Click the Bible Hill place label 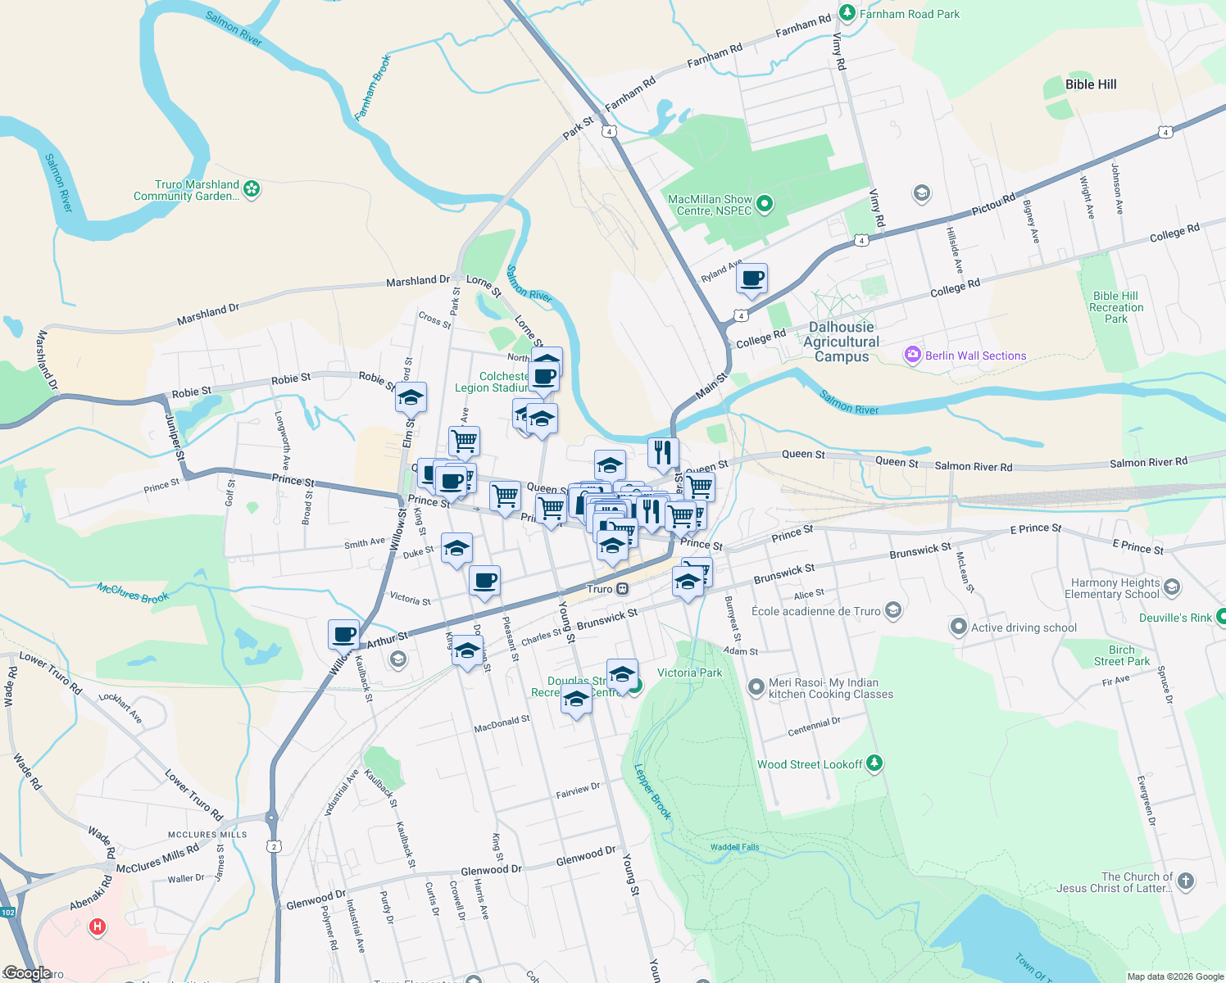click(x=1090, y=84)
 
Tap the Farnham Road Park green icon click(x=847, y=13)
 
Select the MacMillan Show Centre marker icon click(x=764, y=203)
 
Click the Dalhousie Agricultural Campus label click(x=842, y=342)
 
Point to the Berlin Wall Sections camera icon click(x=912, y=355)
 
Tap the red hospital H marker click(x=98, y=926)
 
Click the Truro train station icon click(x=623, y=589)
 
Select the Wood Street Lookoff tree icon click(x=874, y=763)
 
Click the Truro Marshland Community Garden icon click(x=252, y=189)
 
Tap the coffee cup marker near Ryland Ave click(x=751, y=279)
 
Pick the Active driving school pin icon click(x=958, y=627)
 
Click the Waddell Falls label click(x=734, y=847)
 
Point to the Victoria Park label click(x=689, y=673)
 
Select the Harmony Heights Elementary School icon click(x=1171, y=587)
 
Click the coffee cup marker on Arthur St click(x=344, y=634)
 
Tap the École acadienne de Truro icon click(x=893, y=610)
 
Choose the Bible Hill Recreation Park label click(x=1115, y=307)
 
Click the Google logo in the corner click(x=27, y=973)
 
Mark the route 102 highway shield click(x=7, y=912)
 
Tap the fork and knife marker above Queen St click(x=662, y=451)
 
